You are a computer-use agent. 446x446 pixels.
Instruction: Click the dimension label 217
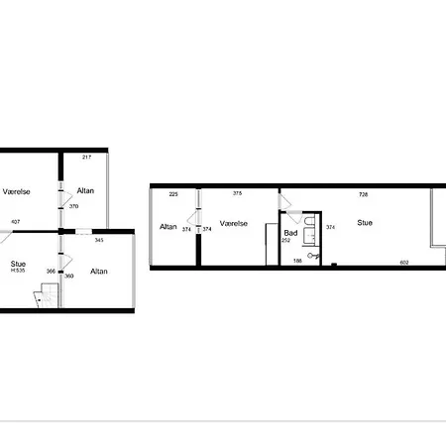point(86,157)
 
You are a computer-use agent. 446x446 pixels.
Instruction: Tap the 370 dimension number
point(73,206)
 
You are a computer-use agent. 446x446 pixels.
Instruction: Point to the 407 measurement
point(16,222)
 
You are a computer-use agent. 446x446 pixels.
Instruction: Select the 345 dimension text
point(99,240)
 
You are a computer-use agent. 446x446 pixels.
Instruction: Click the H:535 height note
point(18,271)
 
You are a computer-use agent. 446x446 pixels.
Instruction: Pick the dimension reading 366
point(51,272)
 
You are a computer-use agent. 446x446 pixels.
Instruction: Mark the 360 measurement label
point(69,276)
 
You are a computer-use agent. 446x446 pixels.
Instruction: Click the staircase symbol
point(47,295)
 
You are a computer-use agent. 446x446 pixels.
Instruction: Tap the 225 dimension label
point(173,194)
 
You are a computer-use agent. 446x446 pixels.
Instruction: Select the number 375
point(237,193)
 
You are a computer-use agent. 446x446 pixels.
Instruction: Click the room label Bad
point(290,233)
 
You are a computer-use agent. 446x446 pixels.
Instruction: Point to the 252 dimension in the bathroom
point(286,240)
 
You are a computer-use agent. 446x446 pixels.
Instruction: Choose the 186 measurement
point(297,261)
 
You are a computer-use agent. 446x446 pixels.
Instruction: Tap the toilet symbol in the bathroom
point(313,256)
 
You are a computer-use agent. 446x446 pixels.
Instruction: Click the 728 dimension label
point(364,194)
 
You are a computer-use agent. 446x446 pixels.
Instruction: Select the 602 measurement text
point(404,263)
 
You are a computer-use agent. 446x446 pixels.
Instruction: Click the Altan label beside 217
point(85,190)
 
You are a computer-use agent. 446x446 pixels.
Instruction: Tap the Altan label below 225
point(168,227)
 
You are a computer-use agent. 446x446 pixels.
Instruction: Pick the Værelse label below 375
point(234,224)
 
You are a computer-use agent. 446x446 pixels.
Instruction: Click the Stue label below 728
point(365,223)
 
